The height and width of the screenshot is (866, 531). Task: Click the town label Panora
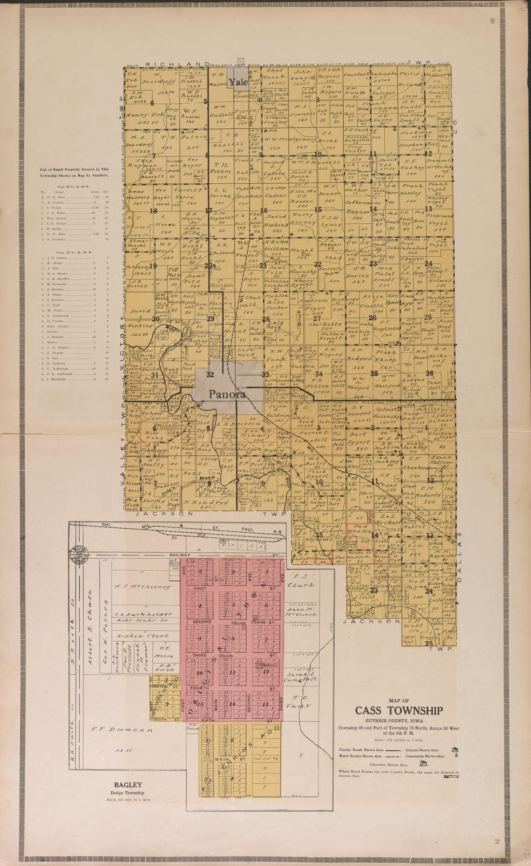point(227,394)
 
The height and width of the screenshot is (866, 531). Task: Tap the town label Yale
point(238,82)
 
